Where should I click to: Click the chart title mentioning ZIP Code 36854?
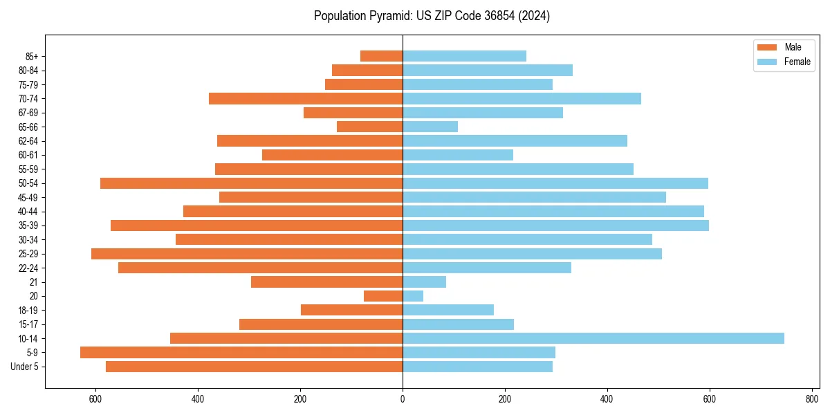coord(432,16)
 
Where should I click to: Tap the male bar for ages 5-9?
coord(241,352)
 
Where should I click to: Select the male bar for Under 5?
coord(254,367)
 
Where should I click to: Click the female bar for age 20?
coord(413,296)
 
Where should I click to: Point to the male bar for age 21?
coord(326,282)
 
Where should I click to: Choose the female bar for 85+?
coord(464,56)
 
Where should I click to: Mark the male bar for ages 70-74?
coord(306,98)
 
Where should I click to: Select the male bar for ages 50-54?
coord(251,183)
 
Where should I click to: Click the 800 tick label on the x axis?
coord(812,399)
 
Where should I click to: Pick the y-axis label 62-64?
coord(28,141)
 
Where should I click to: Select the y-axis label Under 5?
coord(25,367)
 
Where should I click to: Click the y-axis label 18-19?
coord(28,310)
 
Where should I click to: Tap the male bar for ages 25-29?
coord(247,254)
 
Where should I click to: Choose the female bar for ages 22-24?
coord(487,268)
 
